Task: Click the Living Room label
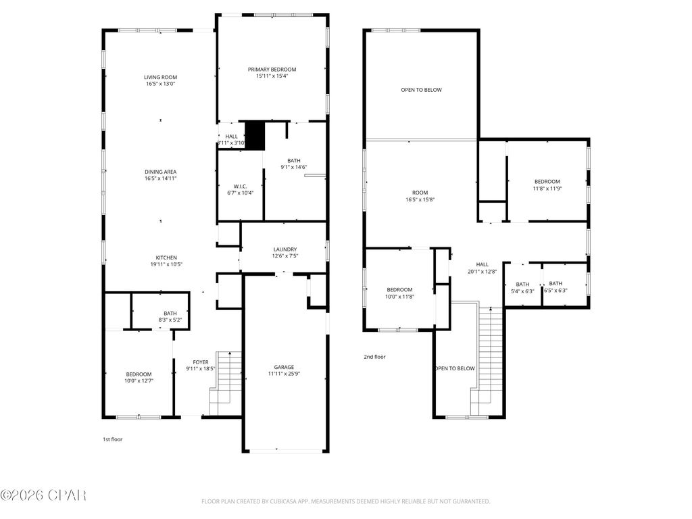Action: tap(160, 77)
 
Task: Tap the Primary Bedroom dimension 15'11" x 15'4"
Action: tap(272, 76)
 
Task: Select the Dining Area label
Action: tap(160, 172)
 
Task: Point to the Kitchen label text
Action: tap(166, 257)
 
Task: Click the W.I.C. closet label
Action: tap(240, 187)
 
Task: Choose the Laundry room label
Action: tap(285, 249)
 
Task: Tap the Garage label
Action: tap(284, 367)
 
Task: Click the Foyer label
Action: tap(201, 362)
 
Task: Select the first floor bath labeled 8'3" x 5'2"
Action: tap(170, 316)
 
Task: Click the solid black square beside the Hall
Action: tap(254, 135)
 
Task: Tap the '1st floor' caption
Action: tap(112, 439)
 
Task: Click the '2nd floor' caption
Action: tap(374, 357)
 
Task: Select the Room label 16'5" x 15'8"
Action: tap(420, 196)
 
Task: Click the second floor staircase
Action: tap(490, 358)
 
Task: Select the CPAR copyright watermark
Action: tap(43, 496)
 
